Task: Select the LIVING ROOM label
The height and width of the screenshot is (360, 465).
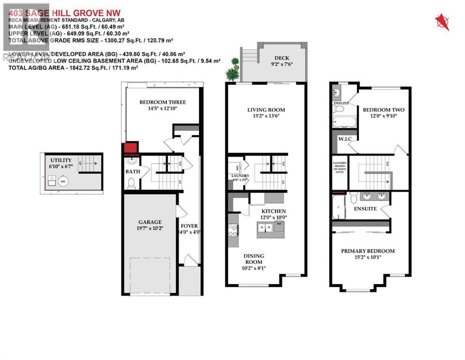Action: pos(266,110)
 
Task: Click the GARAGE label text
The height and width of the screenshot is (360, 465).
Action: pos(150,222)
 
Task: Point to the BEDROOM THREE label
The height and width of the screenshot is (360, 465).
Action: pos(162,102)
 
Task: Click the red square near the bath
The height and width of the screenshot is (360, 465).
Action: pos(130,149)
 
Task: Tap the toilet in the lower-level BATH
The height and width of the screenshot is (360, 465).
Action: pos(132,183)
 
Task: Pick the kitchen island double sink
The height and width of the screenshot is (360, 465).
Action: pos(265,228)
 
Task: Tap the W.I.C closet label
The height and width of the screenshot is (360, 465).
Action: pos(338,139)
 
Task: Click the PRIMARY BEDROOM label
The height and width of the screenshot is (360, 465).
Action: pos(368,251)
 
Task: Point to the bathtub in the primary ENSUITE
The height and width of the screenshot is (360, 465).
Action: pos(338,207)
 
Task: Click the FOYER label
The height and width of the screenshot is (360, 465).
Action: pos(189,225)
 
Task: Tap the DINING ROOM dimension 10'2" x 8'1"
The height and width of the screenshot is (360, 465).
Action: pos(253,269)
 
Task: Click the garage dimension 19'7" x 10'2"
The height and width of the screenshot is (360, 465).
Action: pos(150,229)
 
